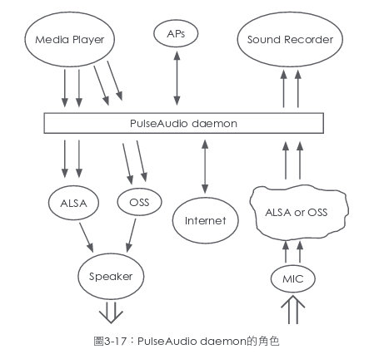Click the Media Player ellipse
click(x=69, y=39)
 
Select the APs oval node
click(x=176, y=34)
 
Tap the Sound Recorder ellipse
click(x=284, y=39)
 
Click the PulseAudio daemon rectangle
click(x=184, y=123)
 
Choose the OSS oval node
click(x=139, y=201)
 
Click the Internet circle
click(x=205, y=221)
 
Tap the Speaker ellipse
click(x=111, y=274)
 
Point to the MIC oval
click(x=292, y=278)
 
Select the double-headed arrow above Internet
click(x=203, y=165)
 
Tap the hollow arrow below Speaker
click(x=111, y=313)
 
